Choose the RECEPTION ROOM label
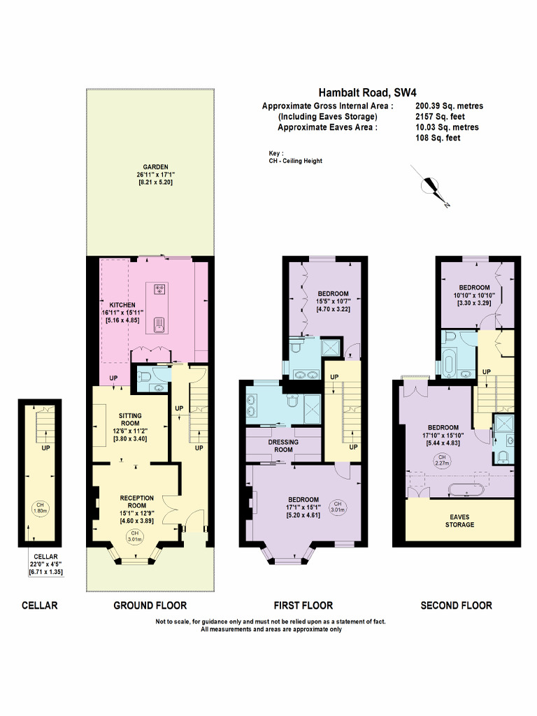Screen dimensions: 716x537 [133, 498]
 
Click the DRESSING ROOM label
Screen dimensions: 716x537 [283, 442]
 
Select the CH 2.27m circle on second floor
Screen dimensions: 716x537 [442, 459]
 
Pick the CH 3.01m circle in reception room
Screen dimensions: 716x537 [133, 536]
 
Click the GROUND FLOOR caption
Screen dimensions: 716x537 [150, 606]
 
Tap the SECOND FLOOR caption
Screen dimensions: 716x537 [456, 606]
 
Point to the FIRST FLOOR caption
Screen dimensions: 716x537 [303, 606]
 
